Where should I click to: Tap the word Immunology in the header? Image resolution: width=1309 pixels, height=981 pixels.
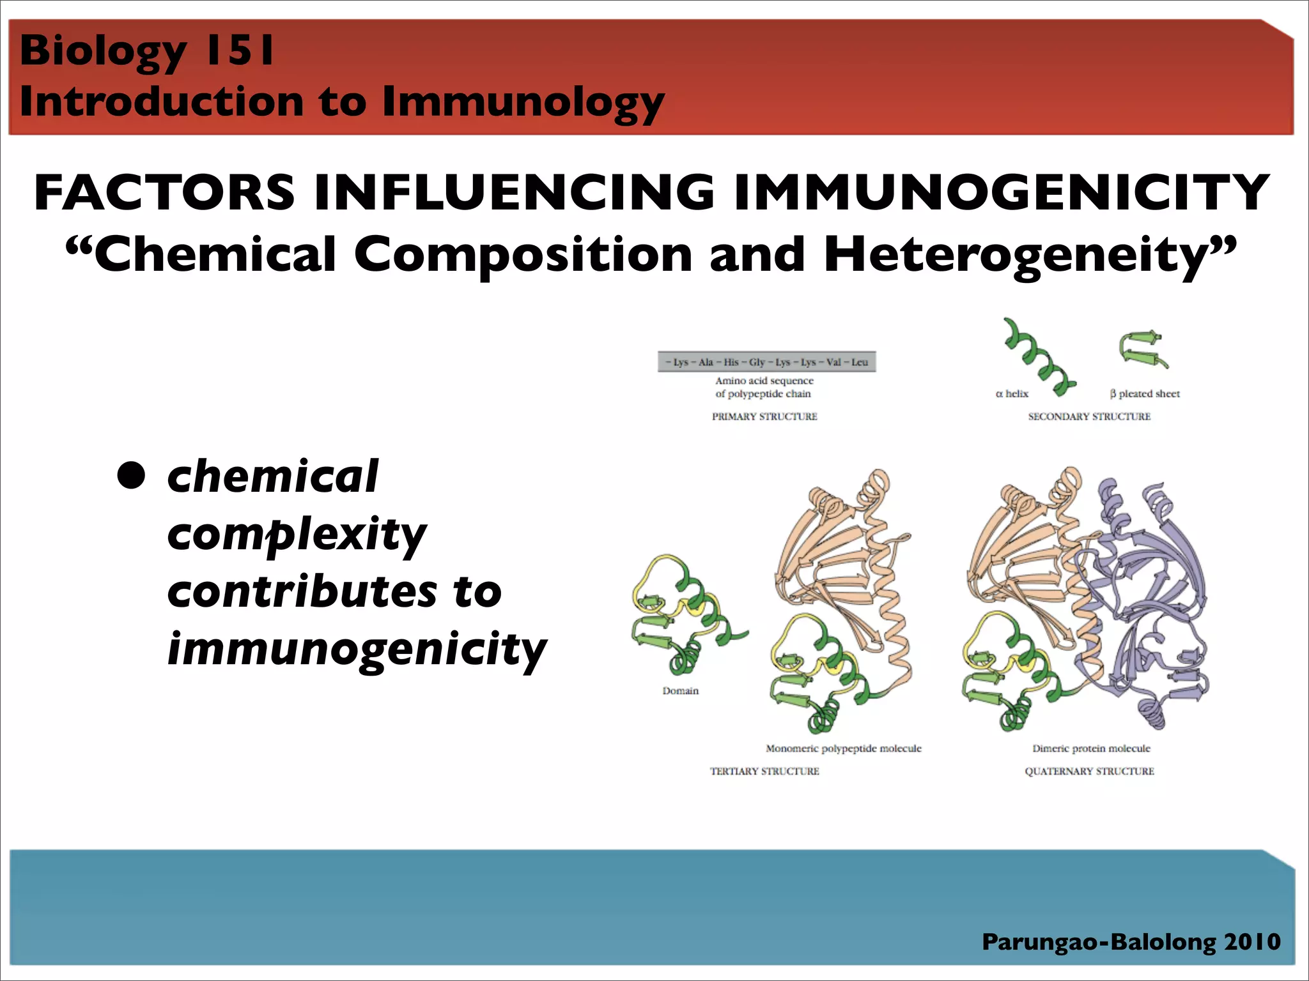tap(523, 102)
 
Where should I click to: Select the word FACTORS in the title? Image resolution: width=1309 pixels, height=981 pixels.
tap(164, 193)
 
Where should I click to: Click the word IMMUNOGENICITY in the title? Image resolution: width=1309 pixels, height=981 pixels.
tap(1002, 193)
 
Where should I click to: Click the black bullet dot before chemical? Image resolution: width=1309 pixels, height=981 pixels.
tap(131, 475)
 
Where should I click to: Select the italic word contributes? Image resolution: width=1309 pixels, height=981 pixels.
tap(302, 591)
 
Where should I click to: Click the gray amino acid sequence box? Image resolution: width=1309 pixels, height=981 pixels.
tap(766, 361)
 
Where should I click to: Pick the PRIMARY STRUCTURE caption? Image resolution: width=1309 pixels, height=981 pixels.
tap(764, 416)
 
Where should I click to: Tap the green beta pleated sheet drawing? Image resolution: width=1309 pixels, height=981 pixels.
tap(1143, 349)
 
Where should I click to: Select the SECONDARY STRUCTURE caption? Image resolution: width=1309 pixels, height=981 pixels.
tap(1089, 416)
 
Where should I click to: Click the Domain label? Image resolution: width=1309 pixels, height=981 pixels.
tap(680, 690)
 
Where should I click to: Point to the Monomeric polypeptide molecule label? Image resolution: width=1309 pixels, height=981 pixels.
tap(843, 748)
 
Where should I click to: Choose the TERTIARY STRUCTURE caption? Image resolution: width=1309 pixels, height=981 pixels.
tap(764, 771)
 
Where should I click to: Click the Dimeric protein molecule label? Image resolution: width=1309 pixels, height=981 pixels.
tap(1091, 748)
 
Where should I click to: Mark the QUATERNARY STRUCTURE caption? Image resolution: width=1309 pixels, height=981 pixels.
tap(1089, 771)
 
